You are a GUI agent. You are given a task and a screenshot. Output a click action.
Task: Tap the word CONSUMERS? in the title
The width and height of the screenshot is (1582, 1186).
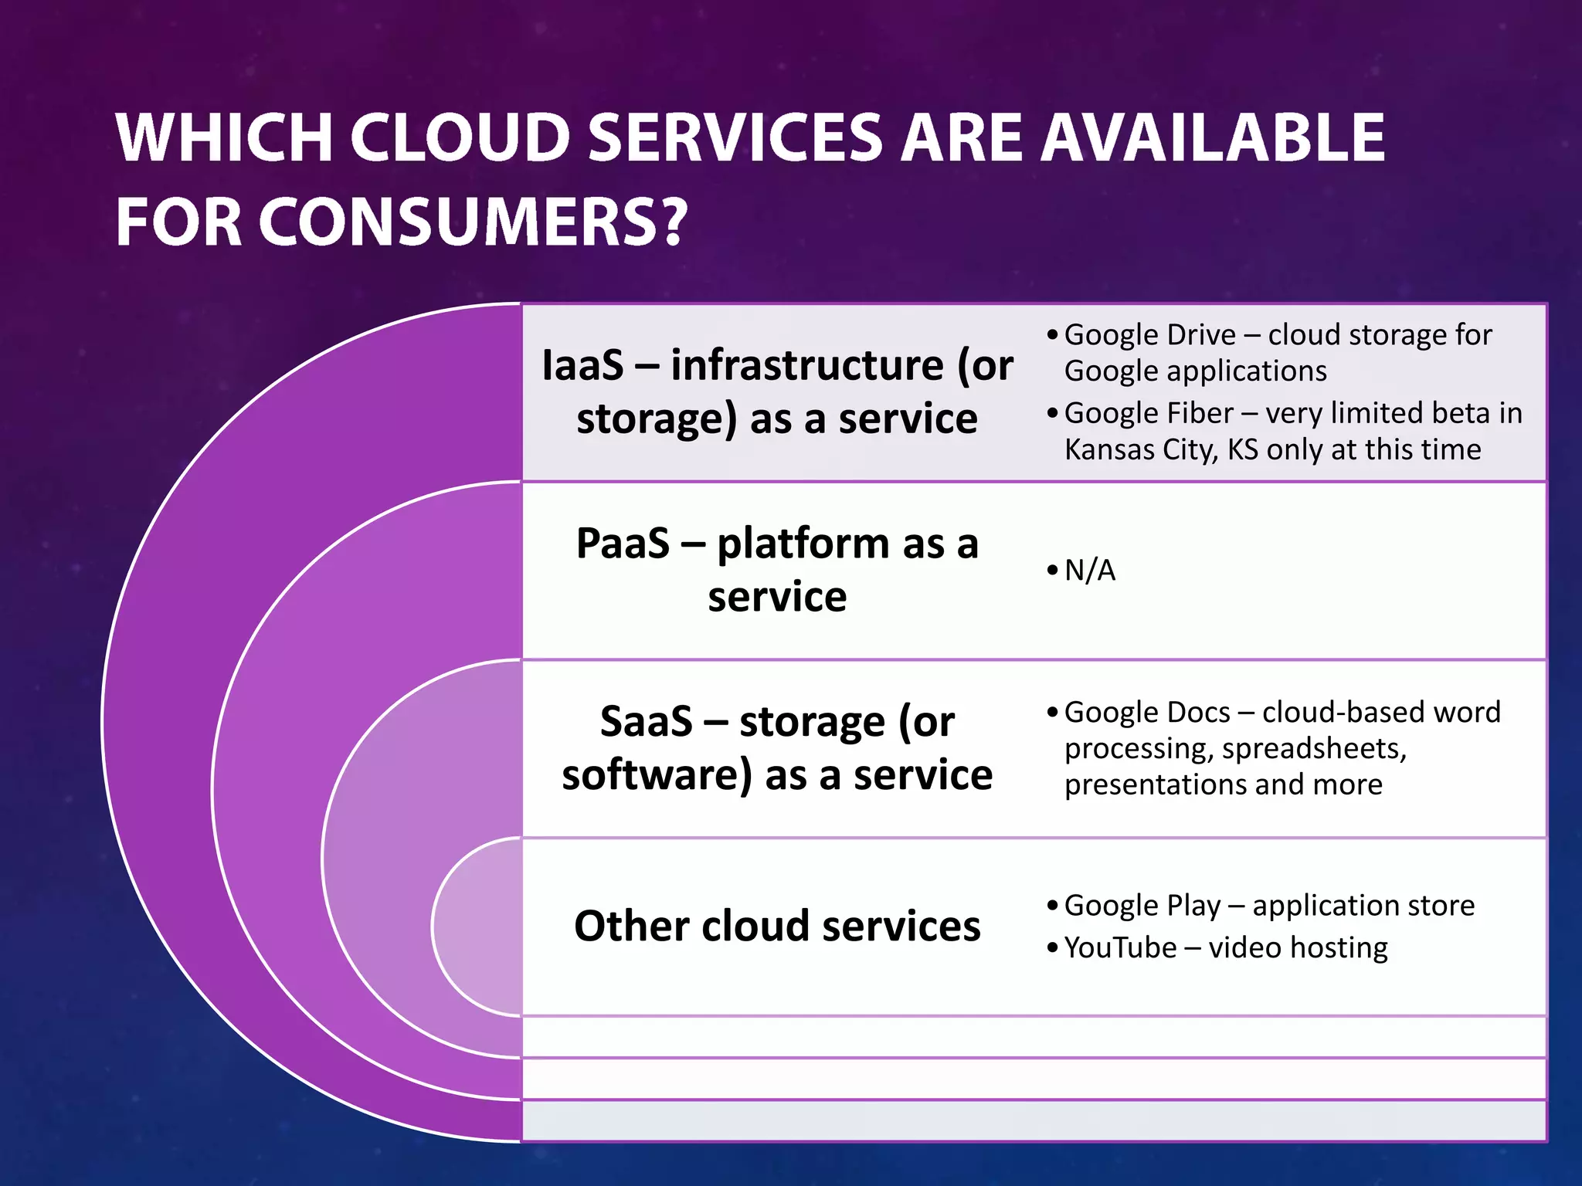473,222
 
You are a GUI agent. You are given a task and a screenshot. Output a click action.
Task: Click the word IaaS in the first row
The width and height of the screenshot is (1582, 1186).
582,364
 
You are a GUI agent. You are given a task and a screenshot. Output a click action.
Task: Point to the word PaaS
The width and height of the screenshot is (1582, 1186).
623,543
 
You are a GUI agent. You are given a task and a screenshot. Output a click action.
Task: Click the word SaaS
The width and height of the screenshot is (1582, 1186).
646,721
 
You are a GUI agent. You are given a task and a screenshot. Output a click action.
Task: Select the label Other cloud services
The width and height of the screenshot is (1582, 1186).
777,926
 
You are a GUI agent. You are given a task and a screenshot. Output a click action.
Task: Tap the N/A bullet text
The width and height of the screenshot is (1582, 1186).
1090,571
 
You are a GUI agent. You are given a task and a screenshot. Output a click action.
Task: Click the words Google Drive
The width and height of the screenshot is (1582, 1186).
1149,335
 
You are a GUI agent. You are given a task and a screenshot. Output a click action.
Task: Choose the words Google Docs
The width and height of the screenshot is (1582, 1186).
1146,712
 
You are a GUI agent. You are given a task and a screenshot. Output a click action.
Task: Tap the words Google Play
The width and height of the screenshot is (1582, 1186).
1142,905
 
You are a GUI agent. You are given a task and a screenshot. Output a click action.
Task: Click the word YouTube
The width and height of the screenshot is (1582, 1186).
1119,947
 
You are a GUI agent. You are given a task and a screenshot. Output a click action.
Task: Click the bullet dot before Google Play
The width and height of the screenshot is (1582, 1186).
1052,906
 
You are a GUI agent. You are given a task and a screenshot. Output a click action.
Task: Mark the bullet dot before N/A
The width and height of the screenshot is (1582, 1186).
1052,571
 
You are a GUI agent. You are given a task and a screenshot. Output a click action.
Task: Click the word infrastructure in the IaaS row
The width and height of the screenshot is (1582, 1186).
807,364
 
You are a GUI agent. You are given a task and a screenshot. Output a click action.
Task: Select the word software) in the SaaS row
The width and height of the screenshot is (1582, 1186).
657,774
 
